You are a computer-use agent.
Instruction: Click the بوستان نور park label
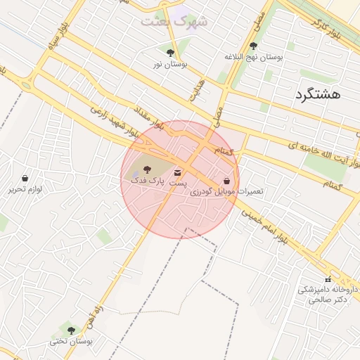click(x=170, y=64)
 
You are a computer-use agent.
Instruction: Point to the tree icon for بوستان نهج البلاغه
click(x=253, y=46)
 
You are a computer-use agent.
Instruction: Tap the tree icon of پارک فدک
click(x=147, y=169)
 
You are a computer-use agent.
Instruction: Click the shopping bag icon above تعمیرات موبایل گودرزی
click(x=226, y=180)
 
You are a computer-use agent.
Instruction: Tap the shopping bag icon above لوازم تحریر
click(x=25, y=178)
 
